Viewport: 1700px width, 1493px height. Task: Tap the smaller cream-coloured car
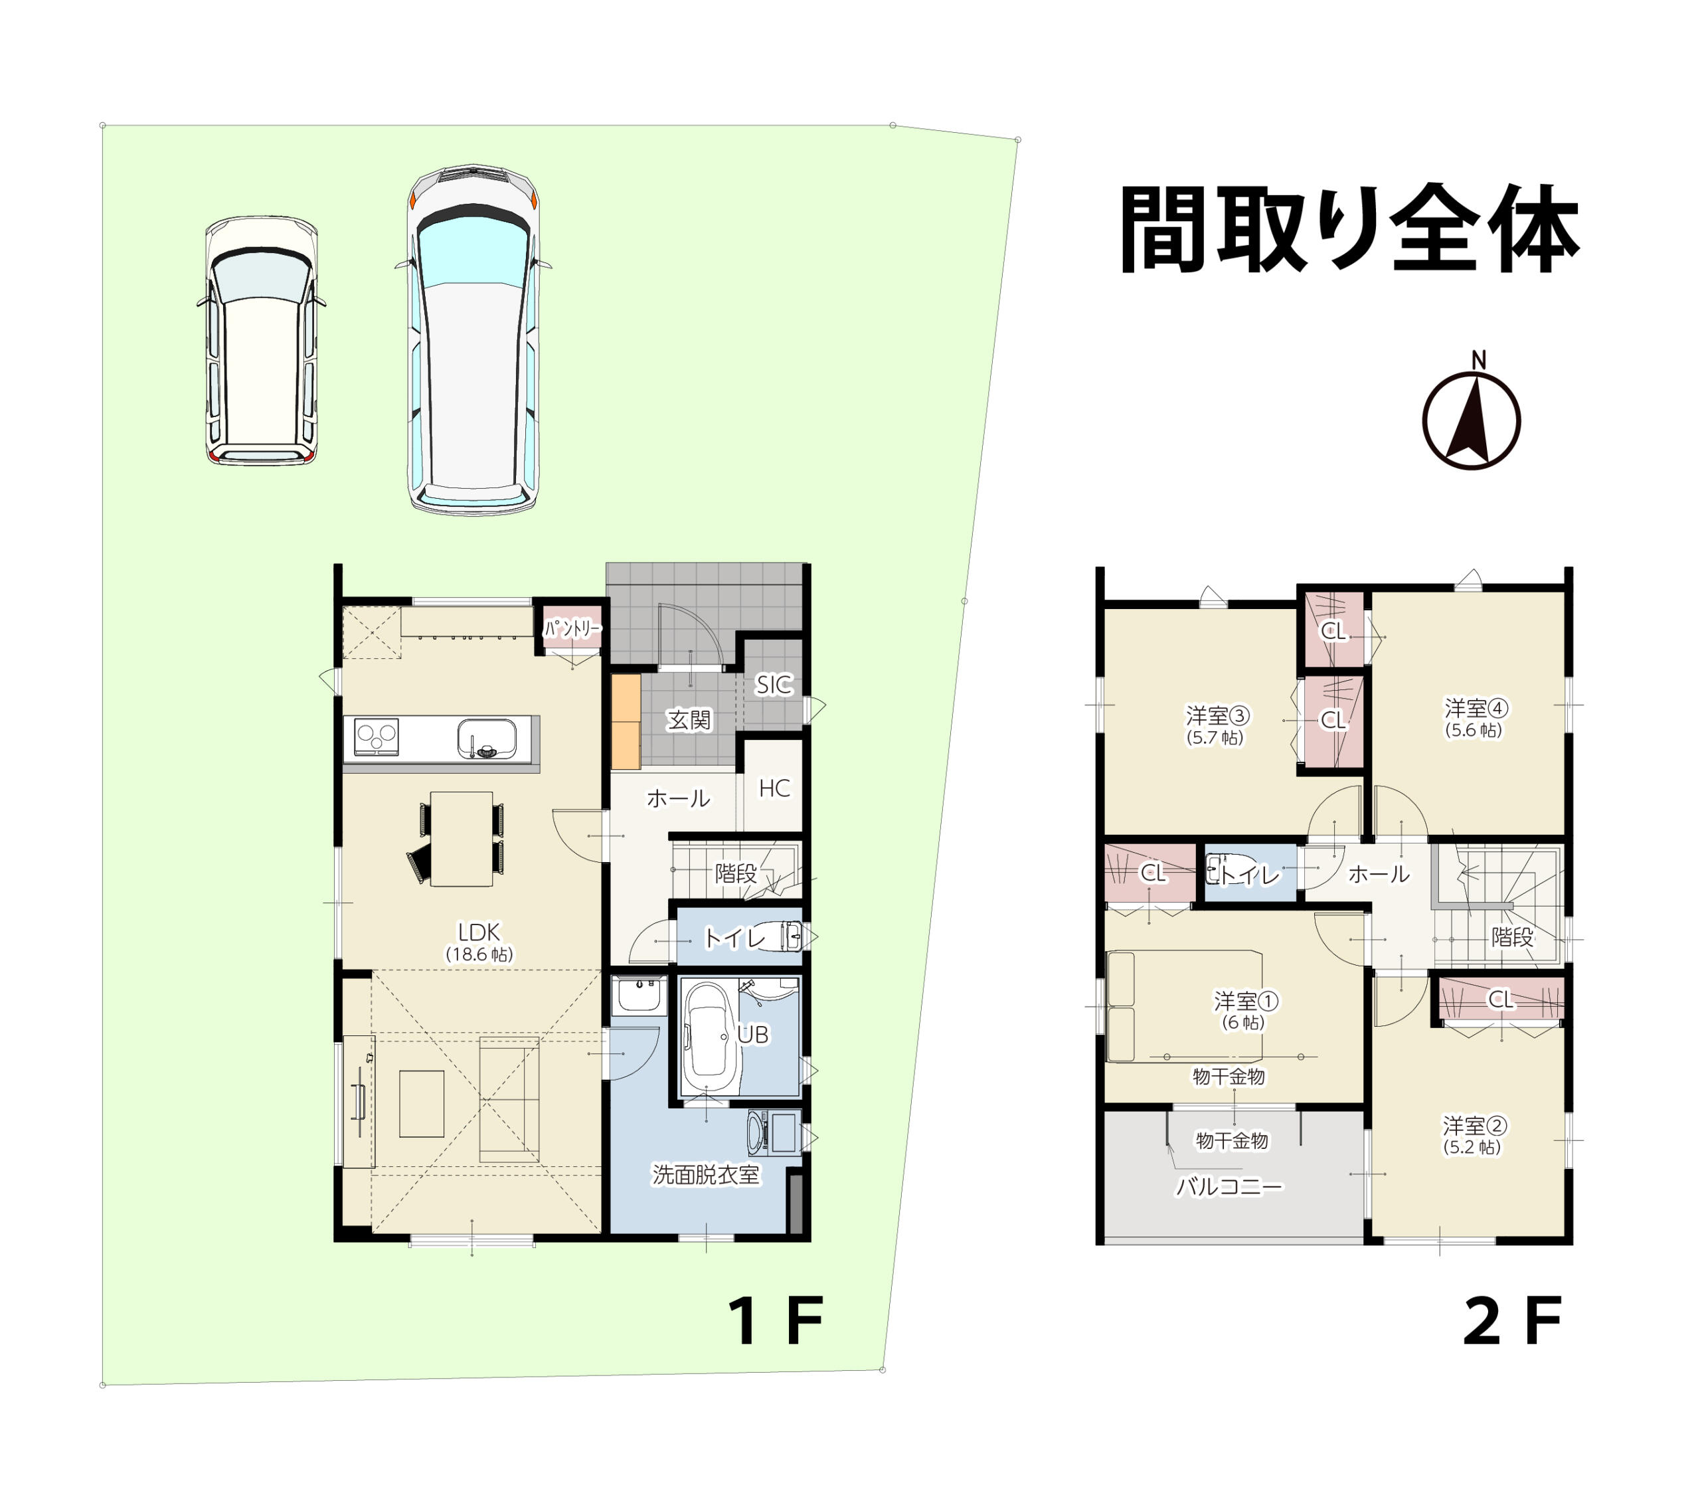(x=261, y=340)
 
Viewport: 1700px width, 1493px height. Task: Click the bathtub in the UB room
(x=709, y=1039)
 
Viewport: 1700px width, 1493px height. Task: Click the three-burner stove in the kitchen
(x=376, y=737)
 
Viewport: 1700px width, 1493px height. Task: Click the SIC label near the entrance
(x=774, y=685)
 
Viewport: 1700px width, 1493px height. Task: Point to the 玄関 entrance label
(x=689, y=719)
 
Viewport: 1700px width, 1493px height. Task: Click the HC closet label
(x=774, y=788)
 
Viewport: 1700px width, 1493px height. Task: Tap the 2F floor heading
(x=1511, y=1321)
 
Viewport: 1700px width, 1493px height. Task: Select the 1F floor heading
(x=775, y=1321)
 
